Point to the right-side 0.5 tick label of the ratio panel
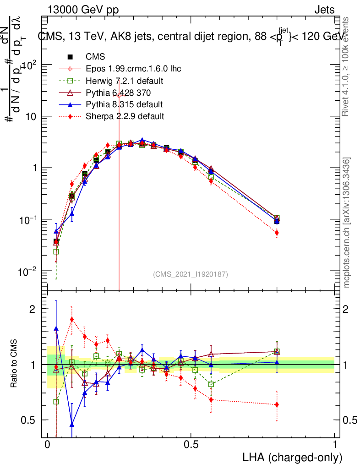(x=349, y=420)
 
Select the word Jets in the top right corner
(x=324, y=10)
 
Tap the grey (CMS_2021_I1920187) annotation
(x=190, y=274)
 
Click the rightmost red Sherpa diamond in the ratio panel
(x=277, y=404)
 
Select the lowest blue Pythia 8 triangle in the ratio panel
(x=72, y=425)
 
